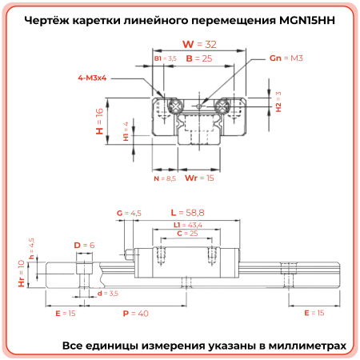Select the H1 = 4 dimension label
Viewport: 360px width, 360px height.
click(x=126, y=130)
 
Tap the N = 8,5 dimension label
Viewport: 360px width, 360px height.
click(x=164, y=179)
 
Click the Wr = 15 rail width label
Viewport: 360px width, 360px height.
click(x=199, y=178)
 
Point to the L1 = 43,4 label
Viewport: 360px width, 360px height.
click(x=188, y=226)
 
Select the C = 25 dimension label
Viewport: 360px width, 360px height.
click(x=187, y=234)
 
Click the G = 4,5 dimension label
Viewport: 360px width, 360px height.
click(x=129, y=213)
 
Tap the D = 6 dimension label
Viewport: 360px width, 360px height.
click(x=84, y=245)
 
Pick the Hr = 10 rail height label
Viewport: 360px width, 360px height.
click(x=22, y=273)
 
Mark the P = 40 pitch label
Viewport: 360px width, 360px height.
click(x=135, y=314)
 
